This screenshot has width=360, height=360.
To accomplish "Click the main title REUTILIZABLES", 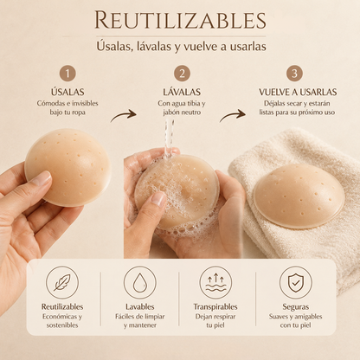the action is coord(180,20).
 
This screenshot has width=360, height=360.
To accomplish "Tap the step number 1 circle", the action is coord(67,74).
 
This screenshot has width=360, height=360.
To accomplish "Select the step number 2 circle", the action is coord(182,74).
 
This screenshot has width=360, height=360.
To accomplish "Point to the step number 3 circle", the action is coord(294,74).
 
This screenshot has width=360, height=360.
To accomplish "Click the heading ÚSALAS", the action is coord(67,92).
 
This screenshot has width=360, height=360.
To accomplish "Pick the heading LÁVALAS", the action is coord(182,92).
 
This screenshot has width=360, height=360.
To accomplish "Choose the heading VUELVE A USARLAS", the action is coord(298,92).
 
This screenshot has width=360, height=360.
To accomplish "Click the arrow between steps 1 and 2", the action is coord(124,115).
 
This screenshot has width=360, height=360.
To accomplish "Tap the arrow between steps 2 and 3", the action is coord(233,115).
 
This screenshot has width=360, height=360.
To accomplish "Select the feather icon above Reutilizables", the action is coord(62,282).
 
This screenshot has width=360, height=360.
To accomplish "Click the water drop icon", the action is coord(140,282).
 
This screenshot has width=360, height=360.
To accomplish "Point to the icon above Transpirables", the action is coord(215,282).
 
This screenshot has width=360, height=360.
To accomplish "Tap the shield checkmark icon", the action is coord(296,282).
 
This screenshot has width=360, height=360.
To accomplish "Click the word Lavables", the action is coord(140,306).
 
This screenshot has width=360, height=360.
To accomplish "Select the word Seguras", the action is coord(296,307).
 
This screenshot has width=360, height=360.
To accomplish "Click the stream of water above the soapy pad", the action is coord(169,138).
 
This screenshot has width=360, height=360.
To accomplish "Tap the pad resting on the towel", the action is coord(299,196).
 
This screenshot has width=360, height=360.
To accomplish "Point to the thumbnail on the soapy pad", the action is coord(158,199).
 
